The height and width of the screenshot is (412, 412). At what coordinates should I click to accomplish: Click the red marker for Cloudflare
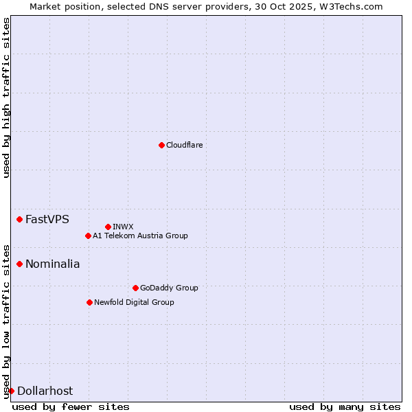161,145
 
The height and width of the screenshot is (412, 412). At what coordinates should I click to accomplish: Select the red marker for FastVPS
20,219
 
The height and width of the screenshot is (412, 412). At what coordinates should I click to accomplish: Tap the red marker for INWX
108,227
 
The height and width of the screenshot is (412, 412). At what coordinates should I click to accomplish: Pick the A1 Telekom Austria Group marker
88,236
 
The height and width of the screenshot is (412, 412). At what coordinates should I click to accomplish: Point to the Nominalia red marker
20,264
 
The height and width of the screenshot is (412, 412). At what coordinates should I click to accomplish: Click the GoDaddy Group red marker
135,288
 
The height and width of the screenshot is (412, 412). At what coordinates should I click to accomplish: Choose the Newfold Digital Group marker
89,302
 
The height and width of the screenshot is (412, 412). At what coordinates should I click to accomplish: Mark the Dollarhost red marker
11,391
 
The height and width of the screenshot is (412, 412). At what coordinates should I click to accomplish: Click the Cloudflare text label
184,145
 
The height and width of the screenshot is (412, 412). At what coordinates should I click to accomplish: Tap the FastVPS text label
47,219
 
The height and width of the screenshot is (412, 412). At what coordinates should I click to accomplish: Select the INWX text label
123,227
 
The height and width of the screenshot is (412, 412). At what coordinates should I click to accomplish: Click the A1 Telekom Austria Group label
140,236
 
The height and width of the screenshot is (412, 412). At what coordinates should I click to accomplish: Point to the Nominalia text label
53,264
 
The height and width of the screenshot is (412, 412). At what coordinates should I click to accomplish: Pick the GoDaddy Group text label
169,288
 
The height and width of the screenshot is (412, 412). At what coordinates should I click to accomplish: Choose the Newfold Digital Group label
134,302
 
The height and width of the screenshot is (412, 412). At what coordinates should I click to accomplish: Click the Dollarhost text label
45,391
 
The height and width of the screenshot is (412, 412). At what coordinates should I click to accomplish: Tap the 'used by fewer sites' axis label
71,407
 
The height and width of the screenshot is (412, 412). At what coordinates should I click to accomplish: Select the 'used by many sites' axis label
345,407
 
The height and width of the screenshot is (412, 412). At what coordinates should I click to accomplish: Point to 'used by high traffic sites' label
6,98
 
